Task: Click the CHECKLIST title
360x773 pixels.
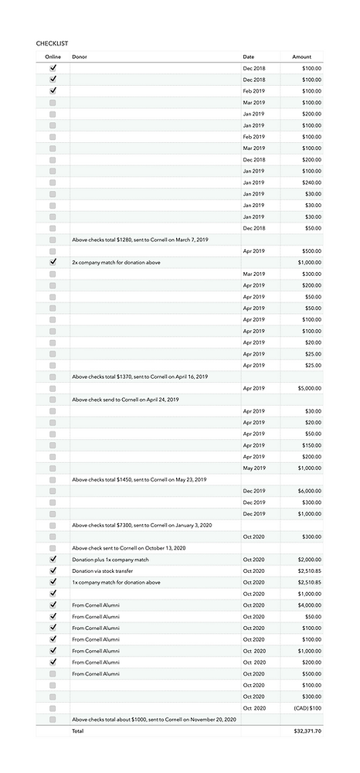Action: (x=52, y=43)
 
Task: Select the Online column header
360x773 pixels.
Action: (x=53, y=57)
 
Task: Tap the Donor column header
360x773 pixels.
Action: (x=80, y=57)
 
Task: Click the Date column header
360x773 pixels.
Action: (x=248, y=57)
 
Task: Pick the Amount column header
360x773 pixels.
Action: (x=302, y=57)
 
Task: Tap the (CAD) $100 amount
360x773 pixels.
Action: (x=307, y=708)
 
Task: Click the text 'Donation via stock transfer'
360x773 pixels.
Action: (x=104, y=571)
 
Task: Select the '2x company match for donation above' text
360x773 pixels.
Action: (x=116, y=262)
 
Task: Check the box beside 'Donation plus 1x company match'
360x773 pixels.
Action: (x=53, y=560)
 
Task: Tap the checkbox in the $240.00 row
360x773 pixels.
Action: (x=53, y=182)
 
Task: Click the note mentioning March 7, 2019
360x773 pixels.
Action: (x=140, y=240)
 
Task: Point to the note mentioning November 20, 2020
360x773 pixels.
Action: (x=154, y=720)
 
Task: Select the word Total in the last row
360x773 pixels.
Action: (x=77, y=730)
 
